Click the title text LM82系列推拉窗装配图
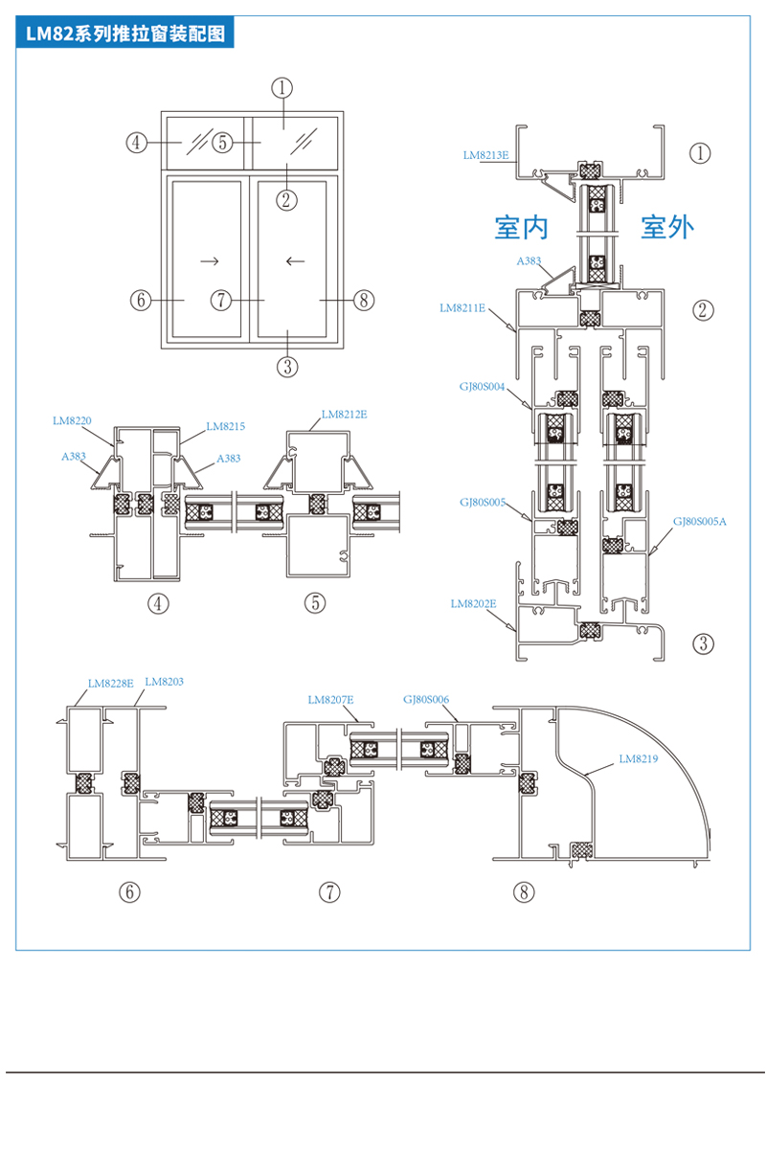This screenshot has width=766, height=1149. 125,34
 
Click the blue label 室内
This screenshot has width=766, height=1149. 521,227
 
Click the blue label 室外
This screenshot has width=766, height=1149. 667,227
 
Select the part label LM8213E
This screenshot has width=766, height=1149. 485,155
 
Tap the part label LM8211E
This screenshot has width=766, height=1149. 462,307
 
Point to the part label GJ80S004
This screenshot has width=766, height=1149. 482,386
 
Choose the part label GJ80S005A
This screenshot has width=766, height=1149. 699,521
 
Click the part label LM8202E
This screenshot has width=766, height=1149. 473,603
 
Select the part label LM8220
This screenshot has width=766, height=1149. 72,420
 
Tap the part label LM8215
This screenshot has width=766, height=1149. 225,426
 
